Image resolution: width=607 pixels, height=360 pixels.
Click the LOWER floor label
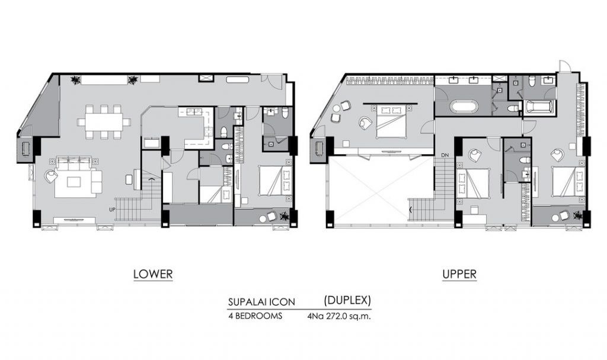[153, 275]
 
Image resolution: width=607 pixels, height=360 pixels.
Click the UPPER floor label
[459, 275]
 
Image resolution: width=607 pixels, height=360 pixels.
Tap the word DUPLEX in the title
[347, 300]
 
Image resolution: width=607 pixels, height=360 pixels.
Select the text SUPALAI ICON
[261, 302]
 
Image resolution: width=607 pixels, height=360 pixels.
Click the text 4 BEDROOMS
[255, 316]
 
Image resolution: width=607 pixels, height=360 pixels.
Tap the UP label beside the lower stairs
[112, 209]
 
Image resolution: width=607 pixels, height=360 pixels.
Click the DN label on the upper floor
[445, 155]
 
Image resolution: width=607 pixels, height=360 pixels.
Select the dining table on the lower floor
[104, 122]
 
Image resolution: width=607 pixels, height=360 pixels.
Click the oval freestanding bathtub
[465, 107]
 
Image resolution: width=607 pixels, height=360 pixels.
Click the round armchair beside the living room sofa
[52, 176]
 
